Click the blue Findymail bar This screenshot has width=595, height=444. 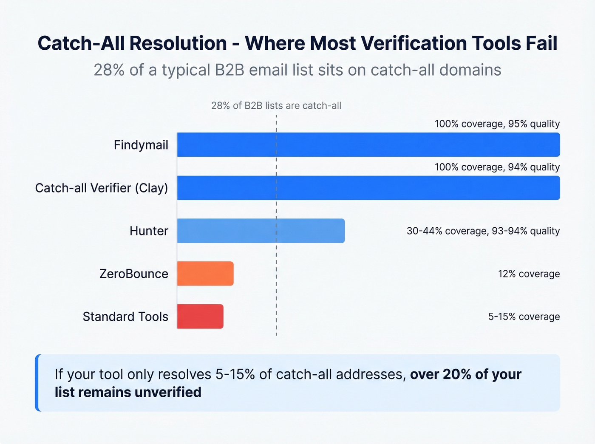(x=368, y=144)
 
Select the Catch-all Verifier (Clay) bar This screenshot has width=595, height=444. (x=368, y=188)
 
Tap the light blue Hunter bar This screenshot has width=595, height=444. (x=261, y=231)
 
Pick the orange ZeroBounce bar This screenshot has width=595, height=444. (x=205, y=274)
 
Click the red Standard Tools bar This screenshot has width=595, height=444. (x=200, y=317)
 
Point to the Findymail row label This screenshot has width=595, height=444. (x=141, y=145)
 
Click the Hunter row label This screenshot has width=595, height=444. (x=149, y=231)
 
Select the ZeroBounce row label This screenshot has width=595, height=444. (x=134, y=274)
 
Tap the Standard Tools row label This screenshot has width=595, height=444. (x=125, y=317)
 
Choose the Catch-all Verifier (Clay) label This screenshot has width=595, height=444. (x=102, y=188)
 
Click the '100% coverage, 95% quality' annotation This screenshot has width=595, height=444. (x=497, y=124)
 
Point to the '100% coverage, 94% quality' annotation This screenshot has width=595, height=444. (x=497, y=167)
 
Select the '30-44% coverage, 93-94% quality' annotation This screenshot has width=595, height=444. (x=483, y=231)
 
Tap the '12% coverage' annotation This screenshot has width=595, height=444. (x=529, y=274)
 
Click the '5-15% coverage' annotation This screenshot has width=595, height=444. (x=524, y=317)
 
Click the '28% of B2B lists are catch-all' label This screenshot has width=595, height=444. (x=276, y=106)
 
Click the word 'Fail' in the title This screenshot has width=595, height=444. (x=541, y=43)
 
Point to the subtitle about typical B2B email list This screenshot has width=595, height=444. (x=297, y=70)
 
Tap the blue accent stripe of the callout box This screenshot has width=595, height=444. (x=37, y=383)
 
